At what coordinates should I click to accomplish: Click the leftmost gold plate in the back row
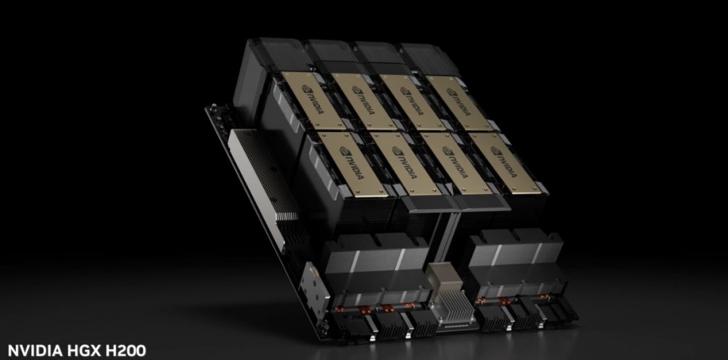[x=313, y=101]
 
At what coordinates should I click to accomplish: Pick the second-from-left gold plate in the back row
[x=363, y=101]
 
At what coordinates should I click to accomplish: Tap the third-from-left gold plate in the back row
[x=413, y=102]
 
